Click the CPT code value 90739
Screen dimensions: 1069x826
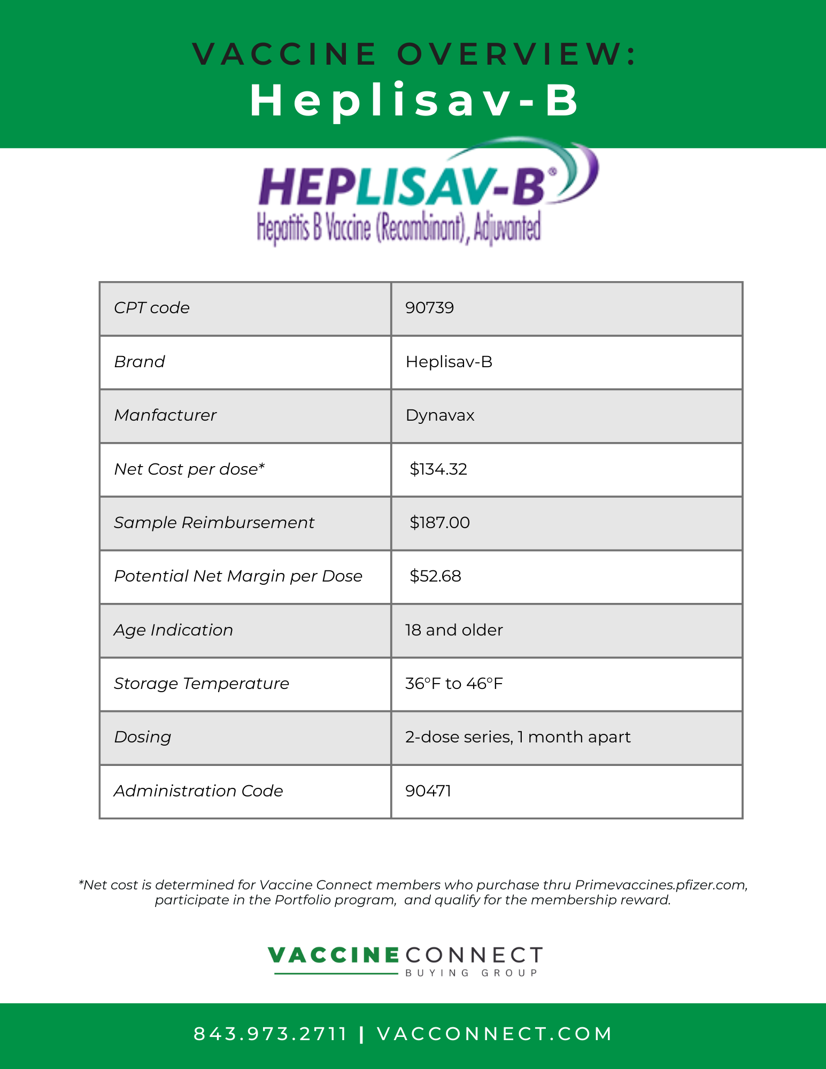tap(429, 308)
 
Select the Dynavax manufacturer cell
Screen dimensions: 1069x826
tap(440, 415)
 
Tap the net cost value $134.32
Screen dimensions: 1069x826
tap(438, 469)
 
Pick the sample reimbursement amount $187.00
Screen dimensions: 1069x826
tap(439, 523)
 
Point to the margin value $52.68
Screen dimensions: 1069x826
tap(435, 576)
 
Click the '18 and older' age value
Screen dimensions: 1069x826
tap(454, 630)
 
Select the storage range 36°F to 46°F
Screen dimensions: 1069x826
tap(454, 684)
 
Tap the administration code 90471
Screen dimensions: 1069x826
tap(428, 791)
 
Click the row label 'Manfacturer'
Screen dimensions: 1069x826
tap(165, 415)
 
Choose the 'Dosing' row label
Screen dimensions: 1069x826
tap(142, 737)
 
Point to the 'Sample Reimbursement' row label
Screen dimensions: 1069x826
tap(214, 523)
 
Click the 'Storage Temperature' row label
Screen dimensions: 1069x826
tap(202, 684)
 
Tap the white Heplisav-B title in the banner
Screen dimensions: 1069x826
tap(414, 100)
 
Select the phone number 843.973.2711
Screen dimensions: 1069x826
tap(271, 1034)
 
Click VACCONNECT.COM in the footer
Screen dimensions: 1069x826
tap(495, 1034)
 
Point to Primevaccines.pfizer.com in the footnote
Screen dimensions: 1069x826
tap(660, 885)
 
